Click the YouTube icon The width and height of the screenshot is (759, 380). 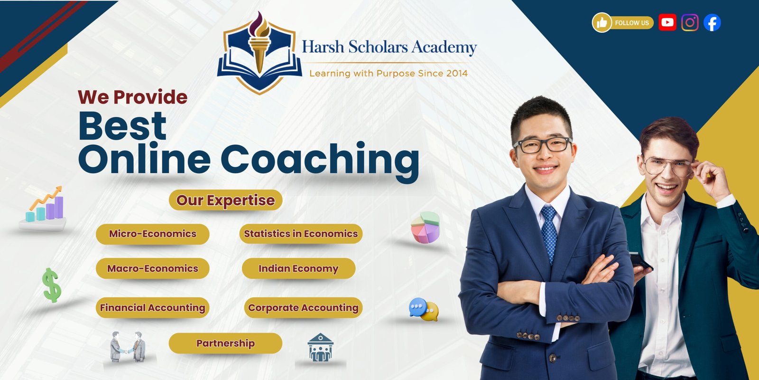667,22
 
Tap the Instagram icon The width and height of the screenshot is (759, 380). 690,22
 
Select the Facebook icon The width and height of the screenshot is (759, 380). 712,22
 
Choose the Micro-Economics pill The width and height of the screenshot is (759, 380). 152,234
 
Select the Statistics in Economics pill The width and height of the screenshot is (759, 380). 301,234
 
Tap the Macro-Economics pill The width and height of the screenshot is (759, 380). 152,268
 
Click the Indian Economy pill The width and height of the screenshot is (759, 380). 298,268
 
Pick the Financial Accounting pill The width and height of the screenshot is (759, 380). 152,307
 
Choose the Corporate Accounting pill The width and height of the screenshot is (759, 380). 303,307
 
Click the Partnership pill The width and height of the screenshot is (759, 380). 225,343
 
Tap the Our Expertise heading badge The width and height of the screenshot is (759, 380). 225,200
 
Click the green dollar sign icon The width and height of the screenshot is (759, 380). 52,285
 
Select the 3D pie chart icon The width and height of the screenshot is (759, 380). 425,228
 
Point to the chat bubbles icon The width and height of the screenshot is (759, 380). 424,309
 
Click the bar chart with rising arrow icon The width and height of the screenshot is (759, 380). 45,207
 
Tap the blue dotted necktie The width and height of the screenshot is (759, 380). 549,233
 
